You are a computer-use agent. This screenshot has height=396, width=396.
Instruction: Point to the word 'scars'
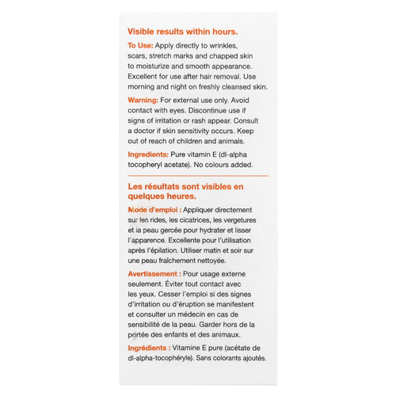(139, 56)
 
